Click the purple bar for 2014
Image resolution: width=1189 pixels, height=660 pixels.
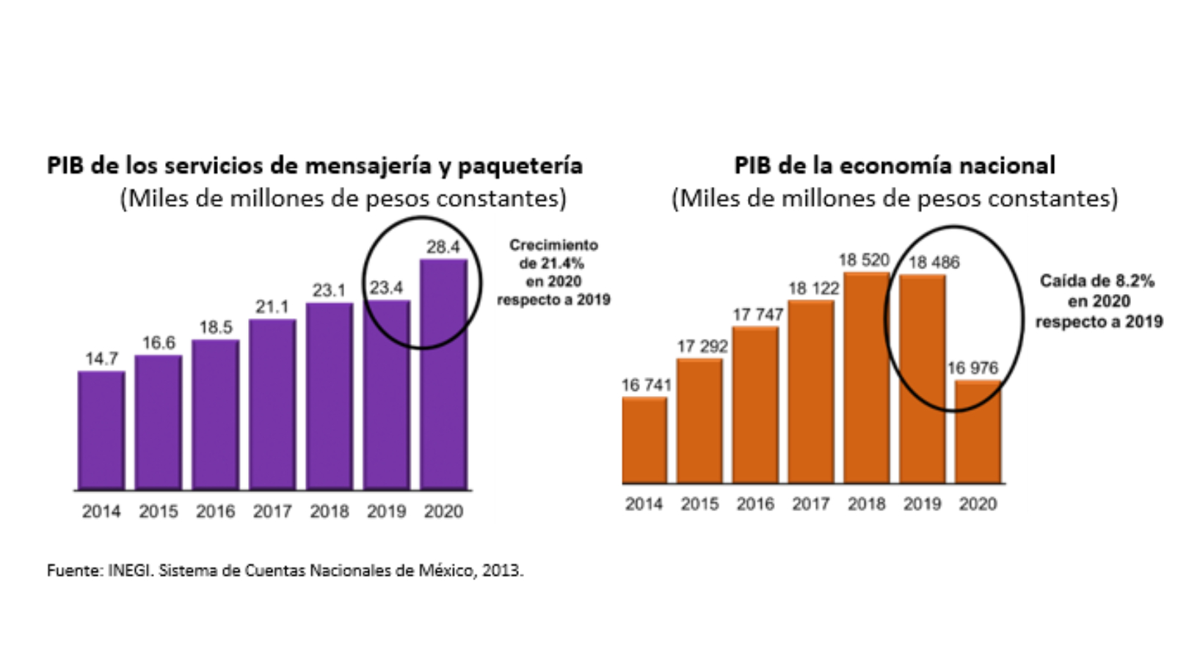click(x=101, y=430)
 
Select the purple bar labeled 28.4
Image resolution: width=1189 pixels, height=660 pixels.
click(x=443, y=374)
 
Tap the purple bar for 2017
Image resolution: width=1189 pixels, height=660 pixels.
click(x=272, y=405)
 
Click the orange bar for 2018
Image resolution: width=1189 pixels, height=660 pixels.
click(x=866, y=378)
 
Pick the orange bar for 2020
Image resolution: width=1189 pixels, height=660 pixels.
click(x=978, y=432)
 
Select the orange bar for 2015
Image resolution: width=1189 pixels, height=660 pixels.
click(x=699, y=421)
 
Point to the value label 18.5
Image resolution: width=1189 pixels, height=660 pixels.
click(x=216, y=328)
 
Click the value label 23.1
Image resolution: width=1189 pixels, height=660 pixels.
click(x=329, y=290)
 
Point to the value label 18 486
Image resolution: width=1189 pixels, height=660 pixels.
click(x=934, y=263)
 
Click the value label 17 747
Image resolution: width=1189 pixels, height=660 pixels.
click(x=757, y=315)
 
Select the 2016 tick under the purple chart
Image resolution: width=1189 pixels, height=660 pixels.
click(x=215, y=511)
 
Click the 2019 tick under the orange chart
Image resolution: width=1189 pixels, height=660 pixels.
click(x=922, y=504)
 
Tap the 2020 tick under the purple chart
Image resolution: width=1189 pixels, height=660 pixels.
click(x=443, y=511)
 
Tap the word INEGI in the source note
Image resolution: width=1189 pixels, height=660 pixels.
click(x=131, y=571)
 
